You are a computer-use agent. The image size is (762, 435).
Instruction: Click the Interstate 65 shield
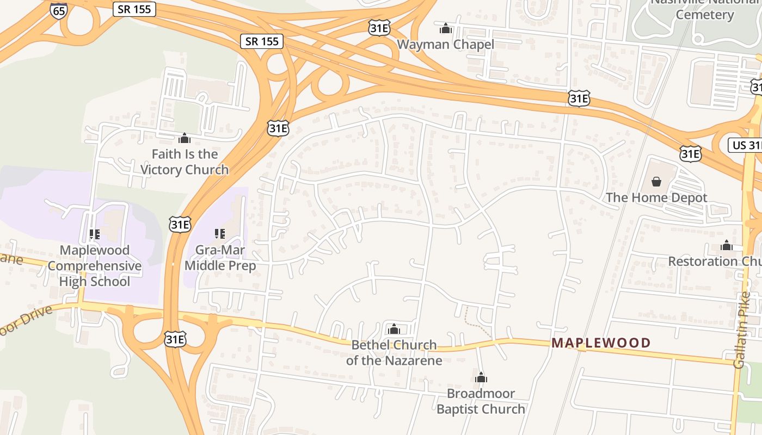pyautogui.click(x=58, y=10)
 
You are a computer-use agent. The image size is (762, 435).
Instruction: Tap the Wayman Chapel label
pyautogui.click(x=445, y=45)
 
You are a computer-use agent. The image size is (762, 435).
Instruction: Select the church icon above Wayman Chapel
pyautogui.click(x=446, y=28)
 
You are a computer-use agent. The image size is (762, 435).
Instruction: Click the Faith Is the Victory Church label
pyautogui.click(x=185, y=162)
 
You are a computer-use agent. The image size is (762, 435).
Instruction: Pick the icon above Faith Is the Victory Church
pyautogui.click(x=185, y=138)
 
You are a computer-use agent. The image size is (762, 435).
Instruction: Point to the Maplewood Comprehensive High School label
pyautogui.click(x=95, y=266)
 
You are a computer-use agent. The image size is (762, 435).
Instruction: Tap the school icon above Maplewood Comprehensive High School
pyautogui.click(x=95, y=234)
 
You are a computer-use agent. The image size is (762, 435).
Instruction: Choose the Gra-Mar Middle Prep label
pyautogui.click(x=220, y=258)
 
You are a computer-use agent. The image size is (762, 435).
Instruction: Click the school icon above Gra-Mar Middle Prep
pyautogui.click(x=220, y=234)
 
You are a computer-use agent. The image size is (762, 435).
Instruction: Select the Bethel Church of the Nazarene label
pyautogui.click(x=394, y=352)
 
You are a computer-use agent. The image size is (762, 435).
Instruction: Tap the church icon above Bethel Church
pyautogui.click(x=394, y=329)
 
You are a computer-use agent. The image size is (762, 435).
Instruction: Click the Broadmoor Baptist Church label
pyautogui.click(x=481, y=401)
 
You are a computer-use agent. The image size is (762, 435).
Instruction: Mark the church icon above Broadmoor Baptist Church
pyautogui.click(x=481, y=377)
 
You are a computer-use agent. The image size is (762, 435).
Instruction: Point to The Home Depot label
pyautogui.click(x=656, y=198)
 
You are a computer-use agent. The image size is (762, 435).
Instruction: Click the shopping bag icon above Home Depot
pyautogui.click(x=656, y=181)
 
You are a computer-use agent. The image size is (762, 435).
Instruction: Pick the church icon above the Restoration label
pyautogui.click(x=726, y=245)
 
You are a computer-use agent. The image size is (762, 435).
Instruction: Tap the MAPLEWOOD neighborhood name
pyautogui.click(x=601, y=343)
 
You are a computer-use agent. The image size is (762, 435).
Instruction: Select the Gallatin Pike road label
pyautogui.click(x=742, y=330)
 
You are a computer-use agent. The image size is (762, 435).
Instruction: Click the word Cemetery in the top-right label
pyautogui.click(x=704, y=15)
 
